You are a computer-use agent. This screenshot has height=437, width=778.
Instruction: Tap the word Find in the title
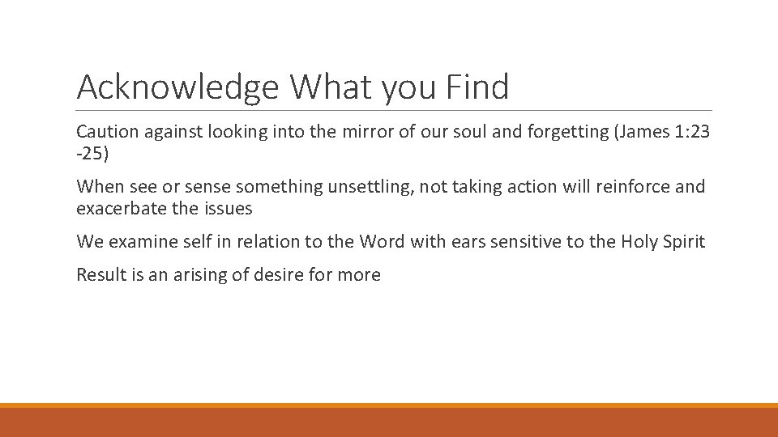[x=477, y=86]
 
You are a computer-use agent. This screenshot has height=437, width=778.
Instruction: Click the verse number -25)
[x=92, y=153]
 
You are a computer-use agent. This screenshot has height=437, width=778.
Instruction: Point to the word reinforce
[x=629, y=187]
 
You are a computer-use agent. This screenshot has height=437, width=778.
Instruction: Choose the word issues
[x=229, y=209]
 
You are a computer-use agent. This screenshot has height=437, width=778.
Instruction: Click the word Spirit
[x=684, y=241]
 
